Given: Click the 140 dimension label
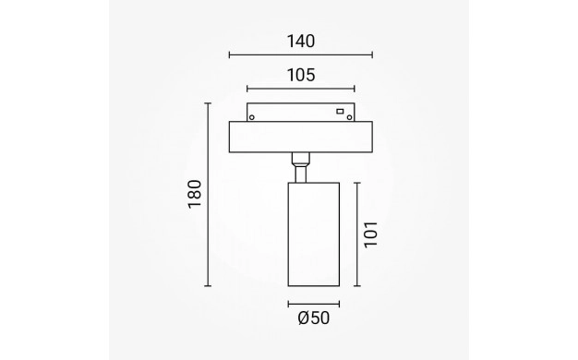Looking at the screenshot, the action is click(301, 42).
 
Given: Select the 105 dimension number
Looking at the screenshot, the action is click(301, 75).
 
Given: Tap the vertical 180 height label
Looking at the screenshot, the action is click(194, 194).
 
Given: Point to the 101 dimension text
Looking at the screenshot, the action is click(371, 234).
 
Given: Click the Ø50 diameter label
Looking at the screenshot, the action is click(314, 318).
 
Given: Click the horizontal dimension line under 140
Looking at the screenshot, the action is click(301, 54).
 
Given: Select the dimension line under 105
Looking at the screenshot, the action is click(301, 89).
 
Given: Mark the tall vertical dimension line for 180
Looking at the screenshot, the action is click(208, 195).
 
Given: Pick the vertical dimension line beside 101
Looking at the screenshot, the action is click(356, 234).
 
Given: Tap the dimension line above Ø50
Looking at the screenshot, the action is click(314, 304).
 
